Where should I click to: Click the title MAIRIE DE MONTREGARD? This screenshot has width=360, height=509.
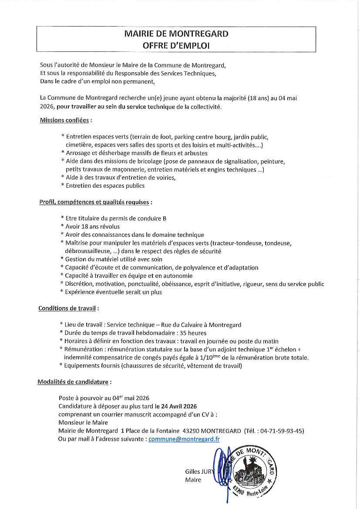pyautogui.click(x=176, y=34)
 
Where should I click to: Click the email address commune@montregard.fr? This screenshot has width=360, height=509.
pyautogui.click(x=184, y=439)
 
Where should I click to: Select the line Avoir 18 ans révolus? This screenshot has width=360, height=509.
pyautogui.click(x=92, y=226)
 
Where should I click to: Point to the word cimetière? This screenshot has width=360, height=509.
pyautogui.click(x=78, y=145)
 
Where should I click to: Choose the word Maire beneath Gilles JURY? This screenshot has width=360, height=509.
pyautogui.click(x=193, y=480)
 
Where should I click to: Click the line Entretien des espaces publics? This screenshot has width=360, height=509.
pyautogui.click(x=105, y=185)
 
